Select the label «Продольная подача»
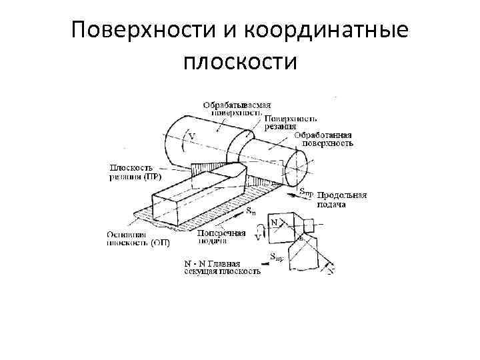342,199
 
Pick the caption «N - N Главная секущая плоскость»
222,267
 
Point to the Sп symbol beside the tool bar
249,211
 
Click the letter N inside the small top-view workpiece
274,221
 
